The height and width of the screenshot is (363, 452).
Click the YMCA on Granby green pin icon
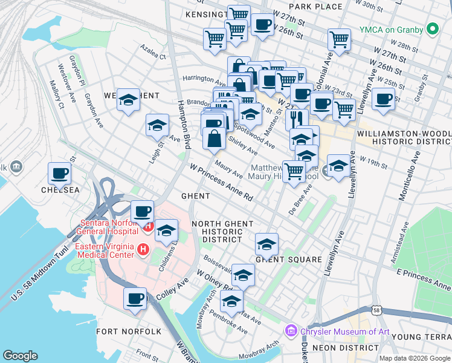433,28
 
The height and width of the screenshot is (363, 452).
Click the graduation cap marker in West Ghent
128,100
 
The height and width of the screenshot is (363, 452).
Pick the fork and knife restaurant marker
297,118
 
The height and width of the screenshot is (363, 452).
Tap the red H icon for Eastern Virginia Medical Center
143,249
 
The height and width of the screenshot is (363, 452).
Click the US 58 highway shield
376,310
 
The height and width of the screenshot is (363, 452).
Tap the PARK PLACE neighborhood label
315,6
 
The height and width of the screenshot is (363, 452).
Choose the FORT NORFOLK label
129,332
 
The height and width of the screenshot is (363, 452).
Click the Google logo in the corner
21,356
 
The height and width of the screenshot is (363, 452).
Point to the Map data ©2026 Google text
414,358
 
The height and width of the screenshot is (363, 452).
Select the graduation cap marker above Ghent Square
266,244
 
